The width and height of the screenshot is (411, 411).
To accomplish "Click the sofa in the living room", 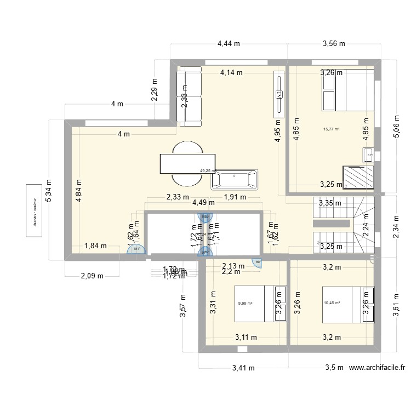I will pos(189,95).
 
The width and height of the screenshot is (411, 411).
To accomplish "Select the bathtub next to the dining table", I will pos(234,179).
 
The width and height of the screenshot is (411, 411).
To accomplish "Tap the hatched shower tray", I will pos(359,176).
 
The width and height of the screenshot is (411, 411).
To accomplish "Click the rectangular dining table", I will pos(186,164).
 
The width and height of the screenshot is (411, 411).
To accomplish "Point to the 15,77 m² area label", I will pos(332,129).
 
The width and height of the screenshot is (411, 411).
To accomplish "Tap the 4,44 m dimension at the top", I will pos(229,44).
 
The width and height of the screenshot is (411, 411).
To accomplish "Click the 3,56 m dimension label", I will pos(334,44).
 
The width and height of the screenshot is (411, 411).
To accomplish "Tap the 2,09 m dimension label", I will pos(92,276).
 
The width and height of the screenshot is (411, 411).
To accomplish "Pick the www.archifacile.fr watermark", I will pos(378,368).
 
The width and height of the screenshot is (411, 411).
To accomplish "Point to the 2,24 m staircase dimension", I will pos(366,225).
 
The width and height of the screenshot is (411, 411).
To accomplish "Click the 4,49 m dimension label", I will pos(203,202).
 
